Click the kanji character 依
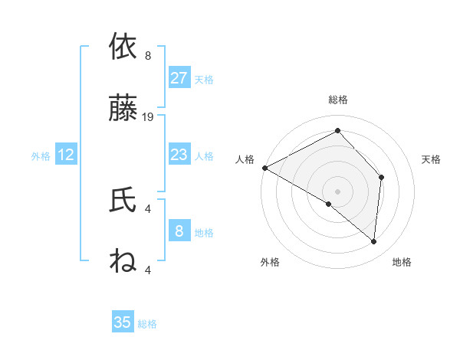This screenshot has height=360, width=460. coord(123,47)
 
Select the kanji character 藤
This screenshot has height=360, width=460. coord(123,109)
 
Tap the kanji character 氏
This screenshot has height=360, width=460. coord(123,201)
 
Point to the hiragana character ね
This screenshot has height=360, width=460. coord(123,263)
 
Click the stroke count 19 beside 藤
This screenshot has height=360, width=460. coord(148,117)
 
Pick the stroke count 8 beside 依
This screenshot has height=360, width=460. coord(148,55)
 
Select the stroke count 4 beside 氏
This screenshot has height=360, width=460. coord(148,208)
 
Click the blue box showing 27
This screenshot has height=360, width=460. coord(179,77)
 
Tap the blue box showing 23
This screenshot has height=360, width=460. coord(179,155)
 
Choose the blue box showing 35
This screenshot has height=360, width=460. coord(123,322)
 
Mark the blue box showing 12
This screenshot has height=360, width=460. coord(66,155)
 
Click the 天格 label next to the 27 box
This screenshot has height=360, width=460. coord(204,80)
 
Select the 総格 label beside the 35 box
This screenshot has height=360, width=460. coord(147,325)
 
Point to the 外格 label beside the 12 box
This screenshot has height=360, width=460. coord(41,156)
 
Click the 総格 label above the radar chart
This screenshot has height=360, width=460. coord(338,100)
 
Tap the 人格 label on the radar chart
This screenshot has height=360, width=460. coord(245,159)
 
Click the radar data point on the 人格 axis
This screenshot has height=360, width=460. coord(264,167)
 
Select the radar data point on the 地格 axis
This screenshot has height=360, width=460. coord(374,241)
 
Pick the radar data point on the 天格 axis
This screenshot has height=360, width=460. coord(382,177)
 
